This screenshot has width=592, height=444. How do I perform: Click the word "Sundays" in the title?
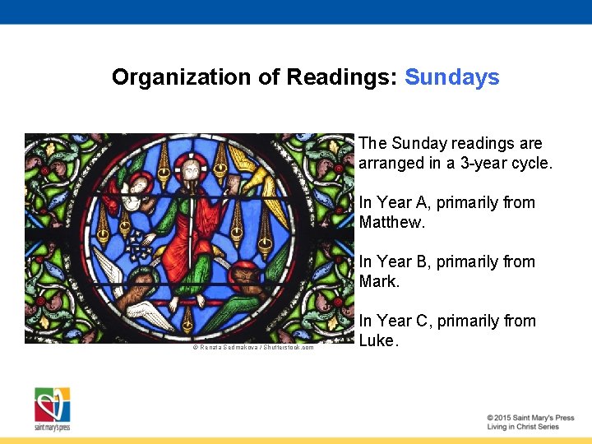click(451, 77)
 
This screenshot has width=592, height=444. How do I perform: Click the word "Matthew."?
click(392, 222)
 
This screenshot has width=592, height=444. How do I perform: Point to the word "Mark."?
click(379, 281)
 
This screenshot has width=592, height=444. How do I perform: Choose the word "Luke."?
click(378, 340)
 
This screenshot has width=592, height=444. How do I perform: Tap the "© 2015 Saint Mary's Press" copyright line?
click(530, 418)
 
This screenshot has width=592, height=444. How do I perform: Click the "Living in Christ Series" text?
click(522, 427)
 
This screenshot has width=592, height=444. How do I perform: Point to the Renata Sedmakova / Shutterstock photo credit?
click(253, 347)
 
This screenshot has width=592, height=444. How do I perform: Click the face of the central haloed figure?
click(191, 171)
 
